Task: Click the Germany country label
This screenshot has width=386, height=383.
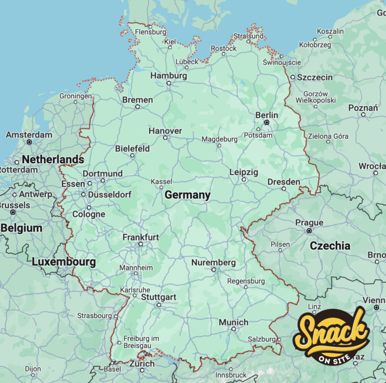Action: [x=187, y=195]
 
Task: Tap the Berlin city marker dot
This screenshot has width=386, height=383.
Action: [x=267, y=122]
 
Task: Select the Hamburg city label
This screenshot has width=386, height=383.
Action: [x=168, y=75]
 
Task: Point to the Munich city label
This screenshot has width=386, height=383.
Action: [x=233, y=322]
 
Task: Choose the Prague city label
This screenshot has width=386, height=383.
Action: [x=309, y=222]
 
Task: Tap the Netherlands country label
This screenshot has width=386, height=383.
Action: [x=53, y=160]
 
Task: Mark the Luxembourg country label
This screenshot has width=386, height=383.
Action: [x=63, y=262]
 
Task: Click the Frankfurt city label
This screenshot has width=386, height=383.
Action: [x=141, y=237]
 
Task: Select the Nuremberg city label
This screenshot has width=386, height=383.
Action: [x=213, y=262]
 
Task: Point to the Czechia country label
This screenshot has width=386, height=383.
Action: [x=330, y=246]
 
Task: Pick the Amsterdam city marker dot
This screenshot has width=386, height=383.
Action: [x=29, y=142]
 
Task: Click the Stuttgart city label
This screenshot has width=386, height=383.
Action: [x=158, y=297]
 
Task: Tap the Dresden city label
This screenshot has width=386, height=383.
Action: [x=283, y=182]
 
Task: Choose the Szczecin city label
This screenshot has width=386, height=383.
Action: [x=315, y=77]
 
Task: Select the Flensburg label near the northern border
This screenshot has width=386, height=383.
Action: [x=150, y=32]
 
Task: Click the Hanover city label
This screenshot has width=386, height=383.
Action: [x=165, y=131]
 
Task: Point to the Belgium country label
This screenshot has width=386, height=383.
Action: [x=21, y=228]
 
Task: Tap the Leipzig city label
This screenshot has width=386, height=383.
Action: [x=244, y=172]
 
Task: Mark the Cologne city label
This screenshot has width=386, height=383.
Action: [x=88, y=214]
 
